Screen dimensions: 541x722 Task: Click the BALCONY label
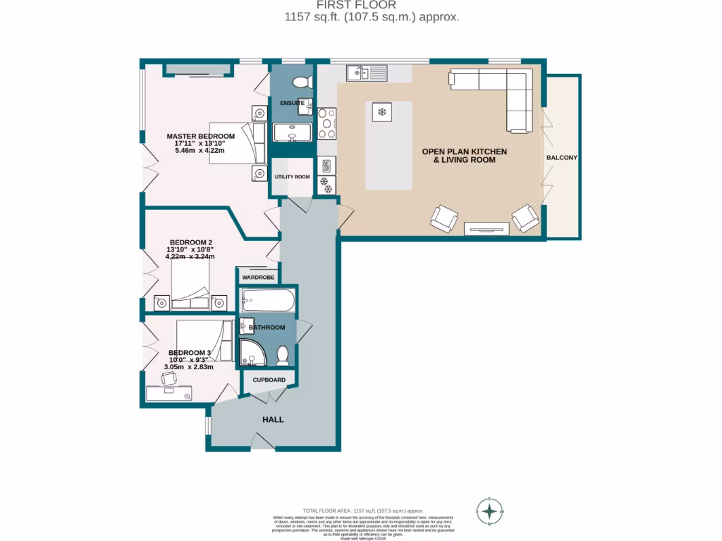561,158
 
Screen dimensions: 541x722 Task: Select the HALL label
273,419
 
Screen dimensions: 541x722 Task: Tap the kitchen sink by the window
366,72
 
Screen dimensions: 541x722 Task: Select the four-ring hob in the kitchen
327,123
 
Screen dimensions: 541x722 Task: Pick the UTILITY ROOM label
292,177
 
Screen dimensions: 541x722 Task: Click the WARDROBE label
257,278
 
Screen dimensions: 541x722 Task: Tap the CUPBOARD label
269,380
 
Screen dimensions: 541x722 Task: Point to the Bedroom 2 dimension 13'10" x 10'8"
190,249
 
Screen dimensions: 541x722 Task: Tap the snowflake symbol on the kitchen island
382,112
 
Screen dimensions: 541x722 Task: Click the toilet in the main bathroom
283,356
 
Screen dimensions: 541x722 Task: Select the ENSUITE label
292,103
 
